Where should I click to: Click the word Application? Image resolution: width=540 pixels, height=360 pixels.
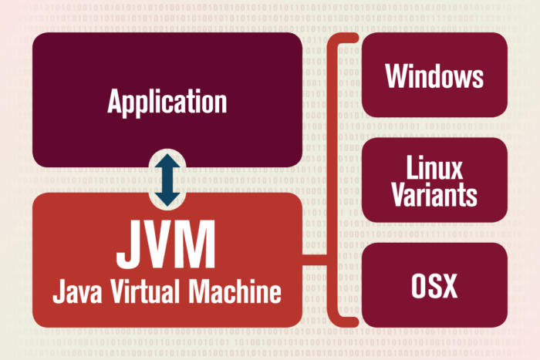coord(167,102)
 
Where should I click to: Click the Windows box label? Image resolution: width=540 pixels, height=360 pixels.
coord(434,76)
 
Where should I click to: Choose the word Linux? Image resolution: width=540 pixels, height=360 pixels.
coord(434,167)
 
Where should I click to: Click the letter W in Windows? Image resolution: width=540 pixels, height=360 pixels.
coord(396,76)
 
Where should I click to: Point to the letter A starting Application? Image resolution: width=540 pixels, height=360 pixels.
coord(116,102)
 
